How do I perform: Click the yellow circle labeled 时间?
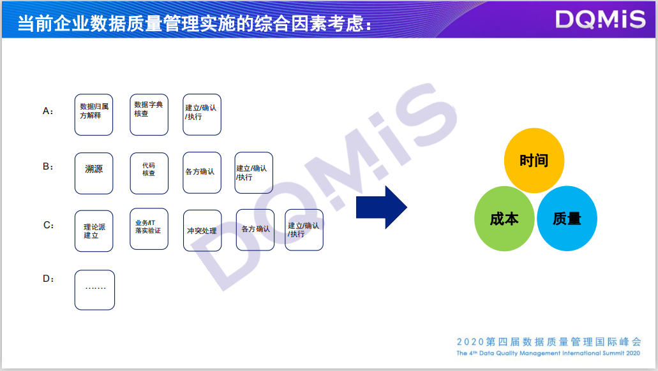(534, 161)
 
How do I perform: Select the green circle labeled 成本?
(504, 219)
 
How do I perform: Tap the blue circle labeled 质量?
(567, 219)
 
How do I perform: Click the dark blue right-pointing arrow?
(381, 207)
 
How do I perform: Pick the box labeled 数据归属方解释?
(94, 115)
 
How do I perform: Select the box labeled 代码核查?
(149, 173)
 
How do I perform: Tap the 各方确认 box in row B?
(202, 172)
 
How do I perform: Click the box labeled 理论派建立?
(94, 231)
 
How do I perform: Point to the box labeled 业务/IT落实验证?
(149, 229)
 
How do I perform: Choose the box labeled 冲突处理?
(202, 231)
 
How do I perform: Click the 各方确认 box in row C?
(255, 229)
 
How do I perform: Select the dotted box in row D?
(94, 290)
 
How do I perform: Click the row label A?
(49, 111)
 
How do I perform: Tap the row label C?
(49, 225)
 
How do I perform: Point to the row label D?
(49, 279)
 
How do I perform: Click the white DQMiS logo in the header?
(601, 20)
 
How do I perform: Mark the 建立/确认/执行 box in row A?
(202, 115)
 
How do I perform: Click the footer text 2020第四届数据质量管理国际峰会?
(549, 342)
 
